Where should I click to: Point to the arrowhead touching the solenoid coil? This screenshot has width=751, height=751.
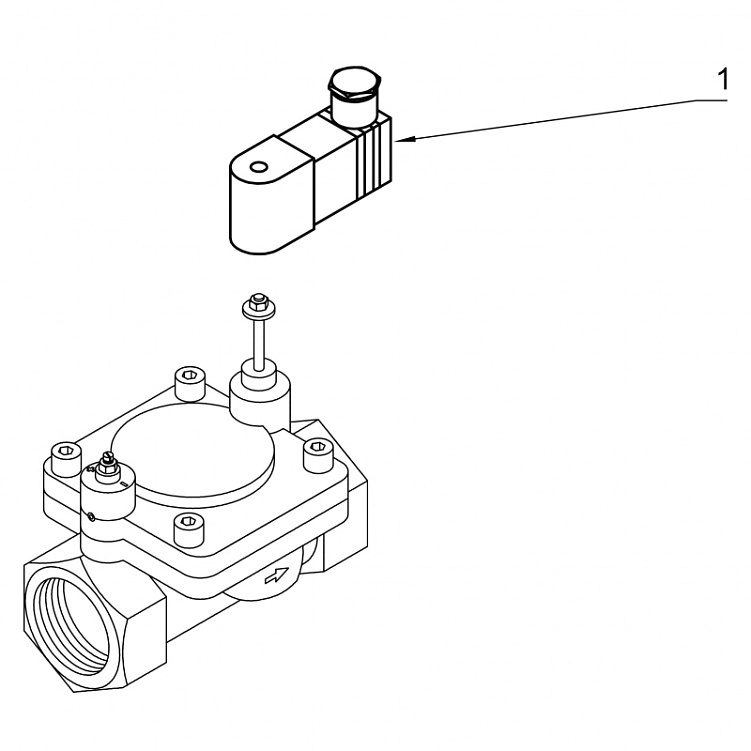[x=405, y=140]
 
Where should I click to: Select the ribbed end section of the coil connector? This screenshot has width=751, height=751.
[x=375, y=160]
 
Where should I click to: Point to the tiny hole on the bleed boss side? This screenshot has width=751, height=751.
[x=90, y=516]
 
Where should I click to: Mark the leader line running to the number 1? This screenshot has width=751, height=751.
[x=560, y=119]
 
